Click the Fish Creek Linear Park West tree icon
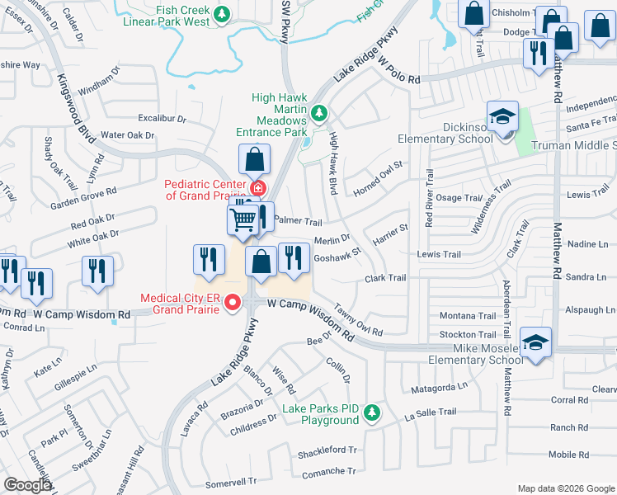tap(221, 14)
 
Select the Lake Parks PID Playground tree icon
tap(373, 412)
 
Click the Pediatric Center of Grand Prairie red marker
tap(258, 188)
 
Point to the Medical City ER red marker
tap(233, 303)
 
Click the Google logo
tap(28, 485)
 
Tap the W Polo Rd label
tap(399, 71)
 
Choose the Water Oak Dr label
tap(128, 135)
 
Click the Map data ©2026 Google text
tap(565, 488)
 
